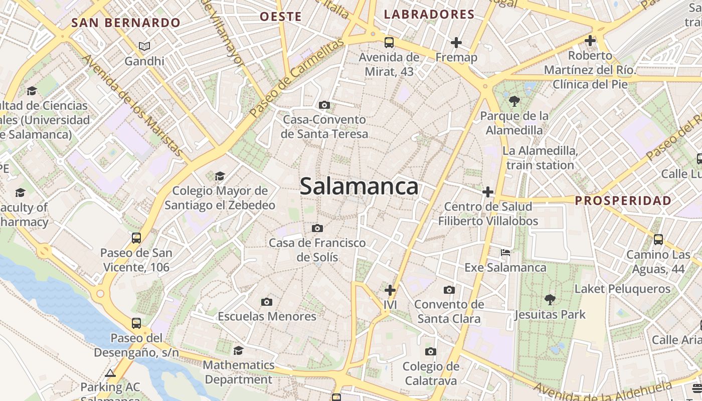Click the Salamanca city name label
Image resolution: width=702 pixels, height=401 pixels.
(x=359, y=186)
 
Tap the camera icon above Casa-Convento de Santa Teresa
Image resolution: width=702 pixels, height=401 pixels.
(x=324, y=105)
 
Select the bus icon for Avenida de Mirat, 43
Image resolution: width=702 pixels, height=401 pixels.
(x=389, y=43)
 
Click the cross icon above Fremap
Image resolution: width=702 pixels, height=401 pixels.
(x=456, y=43)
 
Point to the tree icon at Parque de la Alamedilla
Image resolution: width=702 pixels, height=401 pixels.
(x=514, y=102)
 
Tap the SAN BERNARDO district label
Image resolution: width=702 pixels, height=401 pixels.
(x=126, y=23)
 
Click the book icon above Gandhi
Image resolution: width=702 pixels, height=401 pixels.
(x=144, y=47)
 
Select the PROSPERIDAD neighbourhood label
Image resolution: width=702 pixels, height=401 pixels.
(x=623, y=201)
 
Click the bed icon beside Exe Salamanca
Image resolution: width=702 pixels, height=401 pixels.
(x=505, y=253)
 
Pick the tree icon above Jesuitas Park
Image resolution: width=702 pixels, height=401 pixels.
(x=550, y=300)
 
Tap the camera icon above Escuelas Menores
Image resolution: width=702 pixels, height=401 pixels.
(x=267, y=302)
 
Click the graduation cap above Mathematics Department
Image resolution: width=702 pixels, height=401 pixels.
(x=239, y=350)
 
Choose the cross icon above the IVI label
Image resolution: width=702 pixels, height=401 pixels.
(x=390, y=290)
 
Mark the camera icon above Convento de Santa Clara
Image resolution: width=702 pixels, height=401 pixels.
(x=449, y=290)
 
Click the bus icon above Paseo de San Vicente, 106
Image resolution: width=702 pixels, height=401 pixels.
(x=136, y=238)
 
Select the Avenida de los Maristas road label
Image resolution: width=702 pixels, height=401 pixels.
(x=132, y=105)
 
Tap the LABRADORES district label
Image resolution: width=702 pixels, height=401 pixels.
(x=429, y=15)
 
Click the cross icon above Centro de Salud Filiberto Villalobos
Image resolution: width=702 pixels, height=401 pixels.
(x=488, y=191)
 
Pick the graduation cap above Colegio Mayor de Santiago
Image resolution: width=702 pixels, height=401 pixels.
(x=220, y=176)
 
